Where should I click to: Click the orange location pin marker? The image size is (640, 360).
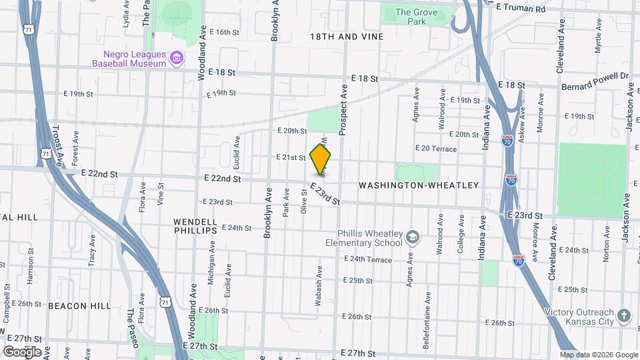pyautogui.click(x=321, y=160)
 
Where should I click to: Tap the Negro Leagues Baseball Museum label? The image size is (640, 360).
pyautogui.click(x=130, y=59)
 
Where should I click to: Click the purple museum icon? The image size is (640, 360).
pyautogui.click(x=177, y=59)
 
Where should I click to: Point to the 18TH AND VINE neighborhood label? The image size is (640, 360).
pyautogui.click(x=347, y=37)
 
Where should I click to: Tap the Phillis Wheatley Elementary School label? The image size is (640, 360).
pyautogui.click(x=370, y=238)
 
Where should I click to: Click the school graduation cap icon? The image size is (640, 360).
pyautogui.click(x=413, y=237)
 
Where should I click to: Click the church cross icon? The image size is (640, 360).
pyautogui.click(x=624, y=315)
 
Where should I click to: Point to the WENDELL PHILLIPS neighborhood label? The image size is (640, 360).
pyautogui.click(x=195, y=225)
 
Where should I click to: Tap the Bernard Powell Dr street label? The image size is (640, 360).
pyautogui.click(x=595, y=81)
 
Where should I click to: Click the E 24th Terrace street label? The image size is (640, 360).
pyautogui.click(x=369, y=259)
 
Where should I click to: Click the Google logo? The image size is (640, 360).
pyautogui.click(x=22, y=351)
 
